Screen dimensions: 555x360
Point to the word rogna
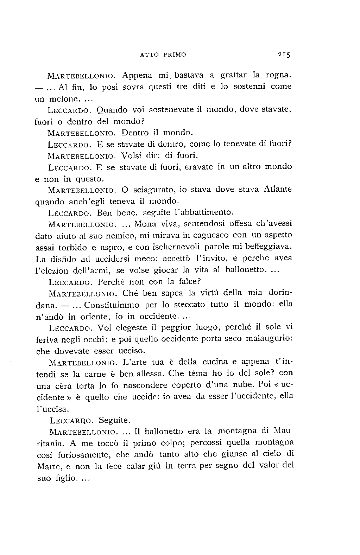[x=278, y=75]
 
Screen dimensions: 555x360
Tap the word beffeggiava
[x=270, y=246]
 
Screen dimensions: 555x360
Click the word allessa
[x=151, y=373]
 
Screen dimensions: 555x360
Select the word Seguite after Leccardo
[x=114, y=420]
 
